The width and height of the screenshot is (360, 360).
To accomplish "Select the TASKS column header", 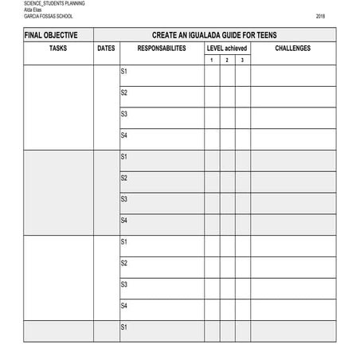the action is click(x=58, y=49).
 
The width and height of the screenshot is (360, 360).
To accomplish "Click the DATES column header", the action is click(x=106, y=49).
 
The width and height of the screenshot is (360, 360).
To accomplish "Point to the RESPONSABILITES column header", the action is click(x=162, y=49).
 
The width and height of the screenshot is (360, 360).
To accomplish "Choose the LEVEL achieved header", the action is click(x=227, y=49).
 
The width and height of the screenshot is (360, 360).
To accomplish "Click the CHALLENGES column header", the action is click(x=292, y=49).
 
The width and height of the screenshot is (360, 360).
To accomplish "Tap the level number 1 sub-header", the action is click(x=212, y=61).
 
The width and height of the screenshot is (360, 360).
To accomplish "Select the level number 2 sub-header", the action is click(x=227, y=61).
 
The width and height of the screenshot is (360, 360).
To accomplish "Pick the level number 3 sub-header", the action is click(x=242, y=61).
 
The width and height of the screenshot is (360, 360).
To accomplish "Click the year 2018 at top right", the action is click(x=320, y=16).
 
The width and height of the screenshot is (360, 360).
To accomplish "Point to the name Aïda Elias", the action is click(x=33, y=10).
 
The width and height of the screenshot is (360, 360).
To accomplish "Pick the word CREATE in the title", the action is click(x=165, y=35).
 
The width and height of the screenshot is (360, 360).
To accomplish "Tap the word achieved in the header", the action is click(x=236, y=49).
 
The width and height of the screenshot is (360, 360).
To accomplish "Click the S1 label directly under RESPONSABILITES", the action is click(x=123, y=72).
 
